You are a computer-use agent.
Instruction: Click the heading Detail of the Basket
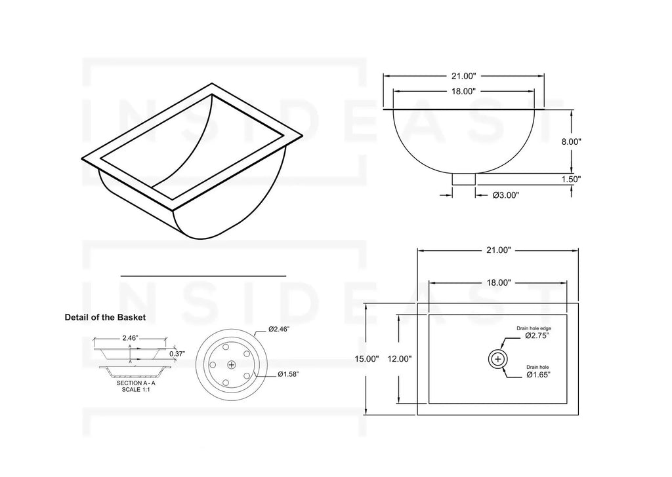tap(105, 317)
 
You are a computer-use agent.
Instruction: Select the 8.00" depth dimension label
tap(572, 141)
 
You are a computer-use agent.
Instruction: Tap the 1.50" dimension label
tap(572, 178)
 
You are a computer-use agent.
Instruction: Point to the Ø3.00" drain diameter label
tap(506, 195)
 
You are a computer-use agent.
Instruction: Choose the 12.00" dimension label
tap(400, 358)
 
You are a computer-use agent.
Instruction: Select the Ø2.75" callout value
tap(537, 335)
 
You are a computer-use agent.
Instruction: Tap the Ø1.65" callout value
tap(537, 375)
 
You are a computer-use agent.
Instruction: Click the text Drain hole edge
tap(533, 327)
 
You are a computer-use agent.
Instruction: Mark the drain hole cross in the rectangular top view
tap(498, 358)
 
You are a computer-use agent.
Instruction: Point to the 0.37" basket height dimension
tap(177, 354)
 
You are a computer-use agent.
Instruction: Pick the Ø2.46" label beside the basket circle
tap(280, 330)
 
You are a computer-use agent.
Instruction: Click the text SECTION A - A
tap(136, 383)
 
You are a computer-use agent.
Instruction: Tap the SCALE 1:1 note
tap(136, 390)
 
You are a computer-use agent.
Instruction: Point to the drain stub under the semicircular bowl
tap(464, 179)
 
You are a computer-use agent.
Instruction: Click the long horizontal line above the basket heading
tap(203, 277)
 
